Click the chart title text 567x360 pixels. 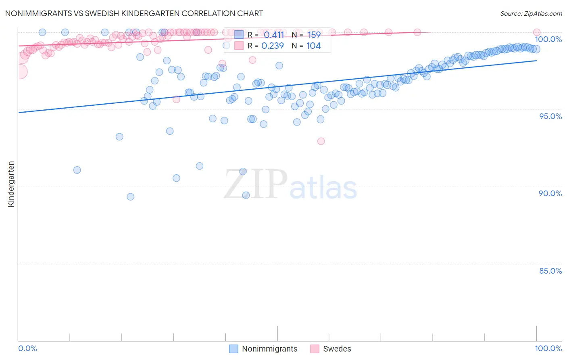(x=134, y=13)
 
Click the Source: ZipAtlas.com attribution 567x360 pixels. (x=531, y=13)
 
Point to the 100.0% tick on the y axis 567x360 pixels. (x=548, y=39)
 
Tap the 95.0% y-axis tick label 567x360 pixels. (x=550, y=116)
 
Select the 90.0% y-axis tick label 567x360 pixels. (x=550, y=193)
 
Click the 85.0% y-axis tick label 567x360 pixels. (x=550, y=271)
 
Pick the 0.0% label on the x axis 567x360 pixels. (x=27, y=348)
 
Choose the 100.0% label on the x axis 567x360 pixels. (x=548, y=348)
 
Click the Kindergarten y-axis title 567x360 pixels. (x=11, y=184)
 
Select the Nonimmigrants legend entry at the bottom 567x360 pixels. (x=269, y=349)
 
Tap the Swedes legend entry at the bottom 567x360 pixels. (x=337, y=349)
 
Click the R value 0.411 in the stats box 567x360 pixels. (x=274, y=35)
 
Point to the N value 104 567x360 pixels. (x=313, y=46)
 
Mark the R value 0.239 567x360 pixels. (x=273, y=46)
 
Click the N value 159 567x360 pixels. (x=314, y=35)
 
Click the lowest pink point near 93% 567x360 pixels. (x=321, y=141)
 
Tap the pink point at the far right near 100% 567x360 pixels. (x=537, y=32)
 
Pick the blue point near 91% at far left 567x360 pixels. (x=77, y=170)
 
